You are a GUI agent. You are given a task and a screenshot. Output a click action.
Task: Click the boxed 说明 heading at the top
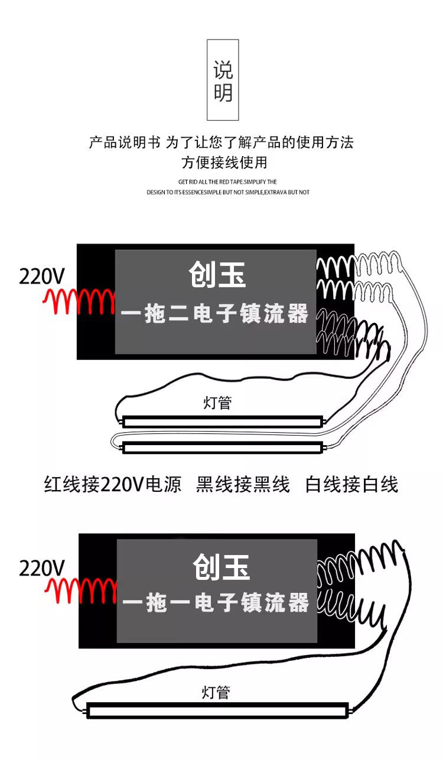pyautogui.click(x=223, y=80)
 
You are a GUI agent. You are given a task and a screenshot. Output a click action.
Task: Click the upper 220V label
pyautogui.click(x=41, y=276)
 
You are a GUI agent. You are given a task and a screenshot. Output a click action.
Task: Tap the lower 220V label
pyautogui.click(x=41, y=568)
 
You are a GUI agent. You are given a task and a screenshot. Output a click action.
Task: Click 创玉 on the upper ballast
pyautogui.click(x=217, y=275)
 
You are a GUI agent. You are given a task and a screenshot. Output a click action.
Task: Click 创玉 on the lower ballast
pyautogui.click(x=221, y=567)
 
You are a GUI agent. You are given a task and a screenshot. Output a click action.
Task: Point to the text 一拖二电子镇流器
pyautogui.click(x=215, y=314)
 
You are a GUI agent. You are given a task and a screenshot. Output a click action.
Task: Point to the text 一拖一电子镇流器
pyautogui.click(x=216, y=604)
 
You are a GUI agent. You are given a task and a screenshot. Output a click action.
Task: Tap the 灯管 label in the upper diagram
pyautogui.click(x=217, y=403)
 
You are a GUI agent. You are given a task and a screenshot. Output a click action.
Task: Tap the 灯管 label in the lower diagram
pyautogui.click(x=216, y=692)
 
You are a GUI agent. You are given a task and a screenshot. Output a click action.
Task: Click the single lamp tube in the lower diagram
pyautogui.click(x=217, y=710)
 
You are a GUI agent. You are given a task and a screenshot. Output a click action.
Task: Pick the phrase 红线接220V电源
pyautogui.click(x=113, y=485)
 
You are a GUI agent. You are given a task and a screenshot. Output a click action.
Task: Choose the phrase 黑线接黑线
pyautogui.click(x=243, y=485)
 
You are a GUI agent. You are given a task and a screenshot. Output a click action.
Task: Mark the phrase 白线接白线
pyautogui.click(x=351, y=485)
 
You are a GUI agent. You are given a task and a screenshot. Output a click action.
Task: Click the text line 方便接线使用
pyautogui.click(x=224, y=162)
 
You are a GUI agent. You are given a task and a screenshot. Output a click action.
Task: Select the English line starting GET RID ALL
pyautogui.click(x=227, y=182)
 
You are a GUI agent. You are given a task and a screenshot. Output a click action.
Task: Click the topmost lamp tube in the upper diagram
pyautogui.click(x=223, y=421)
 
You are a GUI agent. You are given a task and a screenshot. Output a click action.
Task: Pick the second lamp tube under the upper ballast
pyautogui.click(x=223, y=447)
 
